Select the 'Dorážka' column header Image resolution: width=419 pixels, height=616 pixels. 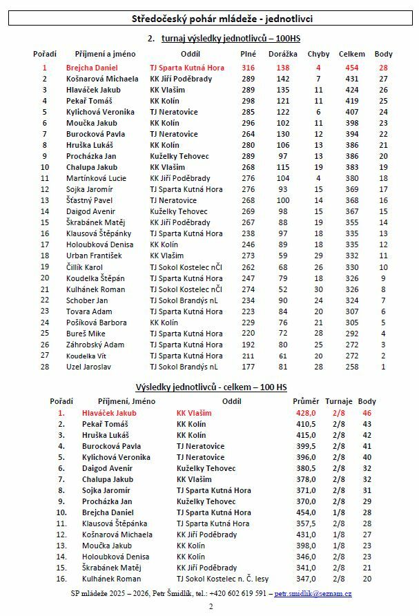tap(282, 54)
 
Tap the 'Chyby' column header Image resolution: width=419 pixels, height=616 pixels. tap(318, 54)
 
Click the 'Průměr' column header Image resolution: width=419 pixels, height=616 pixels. tap(306, 401)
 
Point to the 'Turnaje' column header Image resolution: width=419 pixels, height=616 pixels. tap(339, 401)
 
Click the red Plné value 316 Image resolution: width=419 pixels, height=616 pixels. tap(248, 68)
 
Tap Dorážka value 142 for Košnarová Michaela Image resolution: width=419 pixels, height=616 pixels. tap(283, 79)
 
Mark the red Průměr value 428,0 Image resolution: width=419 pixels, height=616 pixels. tap(305, 413)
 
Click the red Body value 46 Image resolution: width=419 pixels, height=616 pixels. tap(367, 413)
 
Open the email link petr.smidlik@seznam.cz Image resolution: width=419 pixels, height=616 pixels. tap(313, 593)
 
